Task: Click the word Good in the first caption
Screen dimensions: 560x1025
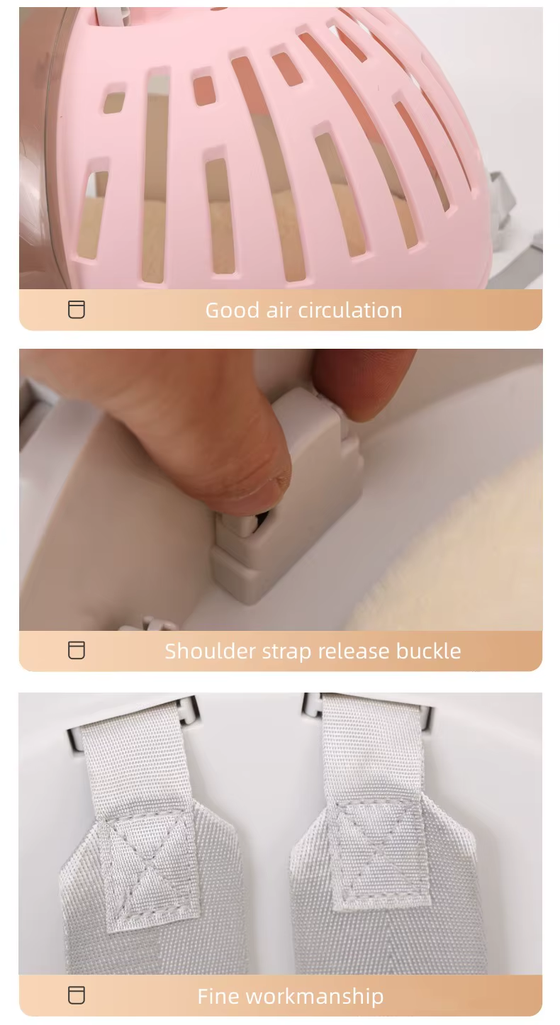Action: pos(233,310)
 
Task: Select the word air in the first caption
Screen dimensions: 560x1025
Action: pos(279,310)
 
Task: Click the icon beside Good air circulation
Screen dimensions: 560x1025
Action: pos(77,310)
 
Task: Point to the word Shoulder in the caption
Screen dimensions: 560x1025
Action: pos(211,651)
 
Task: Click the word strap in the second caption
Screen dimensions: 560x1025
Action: pos(286,651)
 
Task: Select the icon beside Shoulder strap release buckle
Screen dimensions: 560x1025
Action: pos(77,650)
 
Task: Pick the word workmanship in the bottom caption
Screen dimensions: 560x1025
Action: pos(315,997)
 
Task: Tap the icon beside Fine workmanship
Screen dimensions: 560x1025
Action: pos(77,995)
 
